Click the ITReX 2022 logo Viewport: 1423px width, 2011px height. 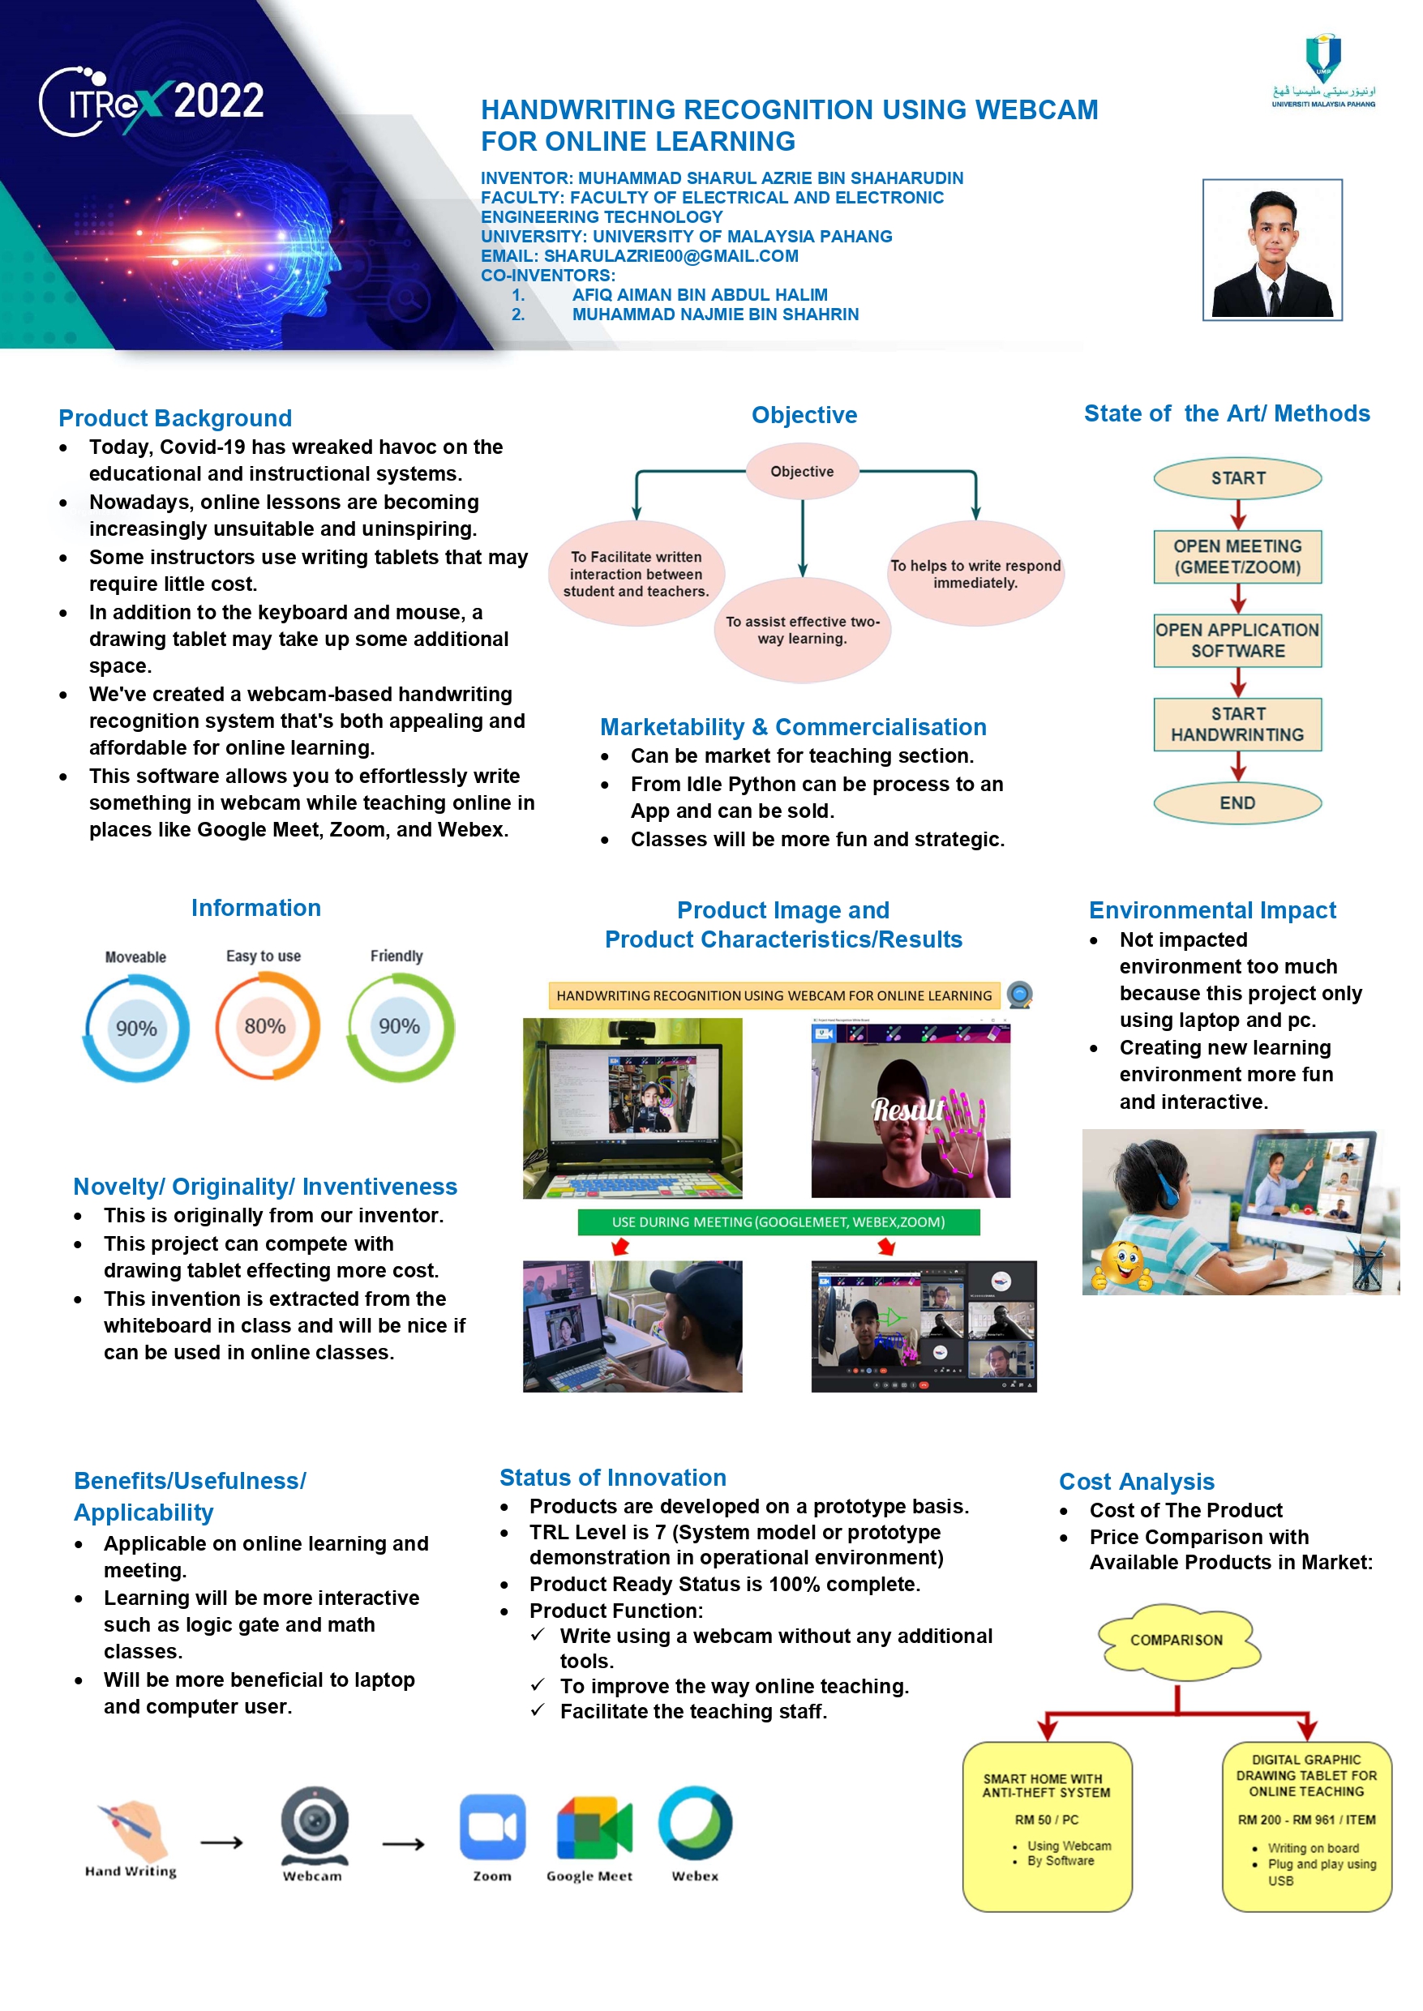[151, 102]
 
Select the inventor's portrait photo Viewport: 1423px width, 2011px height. [1271, 250]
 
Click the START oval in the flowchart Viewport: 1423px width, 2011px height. [1237, 478]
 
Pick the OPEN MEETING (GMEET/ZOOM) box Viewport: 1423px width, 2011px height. [1237, 557]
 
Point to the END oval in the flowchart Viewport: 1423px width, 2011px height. [1237, 803]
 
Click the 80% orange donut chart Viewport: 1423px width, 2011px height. [265, 1026]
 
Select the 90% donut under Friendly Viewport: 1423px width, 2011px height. [400, 1026]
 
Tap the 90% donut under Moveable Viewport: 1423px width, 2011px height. [136, 1029]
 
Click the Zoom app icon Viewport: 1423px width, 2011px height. [492, 1826]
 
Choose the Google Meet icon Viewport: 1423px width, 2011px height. [594, 1827]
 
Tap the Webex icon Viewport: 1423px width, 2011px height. [696, 1824]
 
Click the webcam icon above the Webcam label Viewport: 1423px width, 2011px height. [314, 1824]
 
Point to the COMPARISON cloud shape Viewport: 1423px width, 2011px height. [1177, 1640]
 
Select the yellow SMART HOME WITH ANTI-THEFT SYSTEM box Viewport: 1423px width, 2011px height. [1047, 1826]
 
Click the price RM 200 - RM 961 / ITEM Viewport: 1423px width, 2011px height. [1305, 1819]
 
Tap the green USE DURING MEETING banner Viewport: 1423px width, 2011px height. [778, 1222]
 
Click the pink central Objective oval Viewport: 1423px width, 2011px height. [802, 471]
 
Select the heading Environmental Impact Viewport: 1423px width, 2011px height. [1212, 910]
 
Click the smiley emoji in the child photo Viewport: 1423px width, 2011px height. [1123, 1268]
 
